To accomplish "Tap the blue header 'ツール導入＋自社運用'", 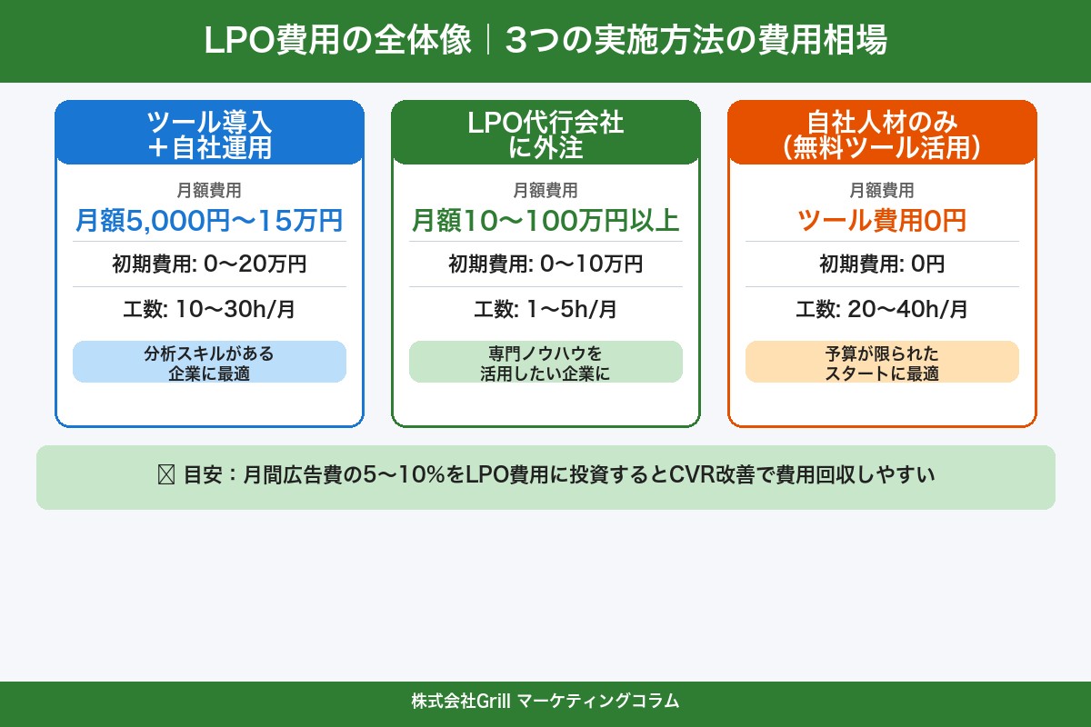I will coord(209,134).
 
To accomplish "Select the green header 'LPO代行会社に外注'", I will coord(545,134).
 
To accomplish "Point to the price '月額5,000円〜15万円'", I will coord(209,221).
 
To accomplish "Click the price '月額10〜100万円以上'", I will coord(545,221).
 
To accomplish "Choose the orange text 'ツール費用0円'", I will coord(882,221).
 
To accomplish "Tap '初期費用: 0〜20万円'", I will coord(209,264).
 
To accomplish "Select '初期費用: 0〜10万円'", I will coord(545,264).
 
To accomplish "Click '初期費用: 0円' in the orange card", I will coord(882,264).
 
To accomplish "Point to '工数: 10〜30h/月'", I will coord(209,309).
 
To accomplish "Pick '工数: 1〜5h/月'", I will coord(545,309).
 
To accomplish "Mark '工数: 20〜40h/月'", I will coord(882,309).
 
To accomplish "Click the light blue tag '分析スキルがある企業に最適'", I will coord(209,363).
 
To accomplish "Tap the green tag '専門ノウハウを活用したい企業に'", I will coord(545,363).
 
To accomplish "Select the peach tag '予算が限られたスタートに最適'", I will coord(882,363).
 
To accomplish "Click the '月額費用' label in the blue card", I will coord(209,191).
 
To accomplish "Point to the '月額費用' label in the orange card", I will coord(882,191).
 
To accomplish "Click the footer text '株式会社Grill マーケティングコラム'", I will coord(545,702).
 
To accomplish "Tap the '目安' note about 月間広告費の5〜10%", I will coord(545,475).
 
